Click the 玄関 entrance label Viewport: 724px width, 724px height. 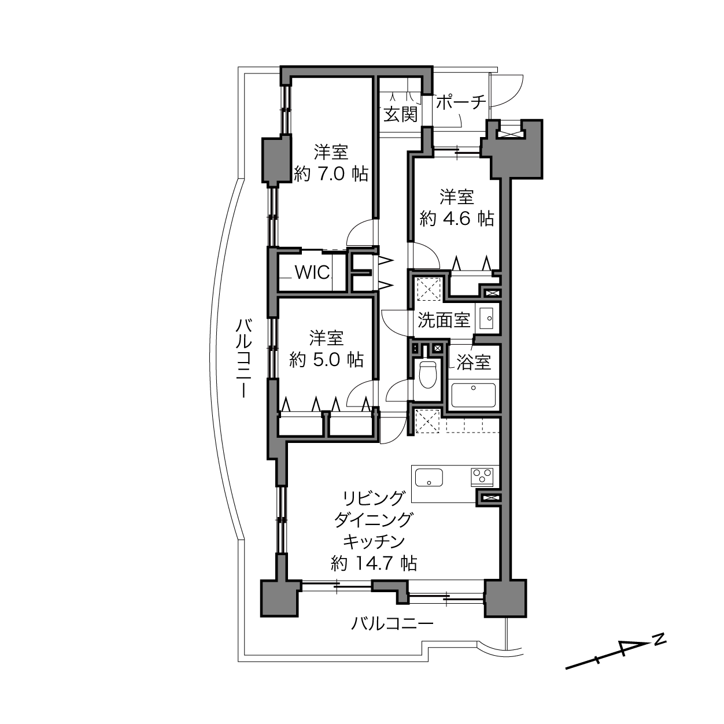point(401,114)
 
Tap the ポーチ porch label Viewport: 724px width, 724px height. point(461,102)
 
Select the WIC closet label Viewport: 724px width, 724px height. point(313,272)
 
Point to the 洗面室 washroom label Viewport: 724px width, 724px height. point(444,320)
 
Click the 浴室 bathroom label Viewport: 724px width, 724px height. point(474,362)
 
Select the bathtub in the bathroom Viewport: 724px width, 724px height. point(474,395)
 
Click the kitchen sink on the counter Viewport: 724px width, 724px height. point(429,477)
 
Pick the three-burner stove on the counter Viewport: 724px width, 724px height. point(482,476)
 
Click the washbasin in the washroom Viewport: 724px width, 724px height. point(487,319)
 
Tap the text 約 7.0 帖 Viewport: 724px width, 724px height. point(331,173)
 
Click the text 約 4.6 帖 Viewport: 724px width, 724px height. point(457,218)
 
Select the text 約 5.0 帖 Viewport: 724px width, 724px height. point(327,360)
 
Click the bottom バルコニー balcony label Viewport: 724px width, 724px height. point(392,624)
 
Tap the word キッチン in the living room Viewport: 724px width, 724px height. point(374,541)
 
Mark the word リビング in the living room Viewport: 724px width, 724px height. point(374,498)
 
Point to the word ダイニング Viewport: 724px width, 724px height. point(374,520)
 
